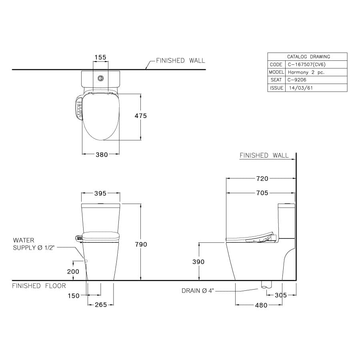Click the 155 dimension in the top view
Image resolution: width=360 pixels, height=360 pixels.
100,57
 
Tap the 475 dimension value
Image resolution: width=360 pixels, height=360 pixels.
140,116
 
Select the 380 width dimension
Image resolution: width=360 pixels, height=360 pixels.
102,155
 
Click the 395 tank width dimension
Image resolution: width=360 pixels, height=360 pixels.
100,193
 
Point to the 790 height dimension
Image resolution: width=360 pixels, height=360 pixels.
141,244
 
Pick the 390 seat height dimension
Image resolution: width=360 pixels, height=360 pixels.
198,262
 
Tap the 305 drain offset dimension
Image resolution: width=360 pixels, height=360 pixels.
281,295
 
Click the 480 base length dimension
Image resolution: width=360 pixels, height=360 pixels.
261,305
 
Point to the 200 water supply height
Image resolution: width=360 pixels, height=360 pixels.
73,271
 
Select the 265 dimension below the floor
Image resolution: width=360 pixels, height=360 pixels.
101,305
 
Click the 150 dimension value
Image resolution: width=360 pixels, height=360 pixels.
73,296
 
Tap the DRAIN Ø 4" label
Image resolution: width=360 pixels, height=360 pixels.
198,291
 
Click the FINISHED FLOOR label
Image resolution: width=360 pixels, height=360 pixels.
39,286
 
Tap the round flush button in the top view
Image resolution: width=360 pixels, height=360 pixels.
101,78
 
